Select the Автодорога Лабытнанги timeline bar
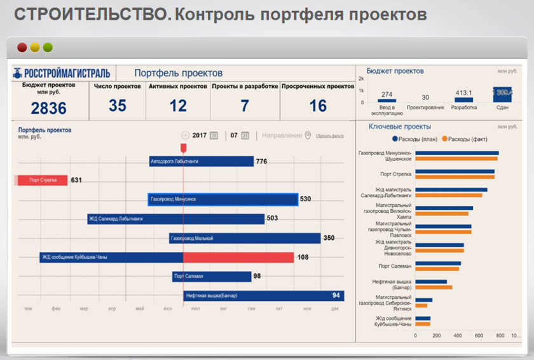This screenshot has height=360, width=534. [201, 162]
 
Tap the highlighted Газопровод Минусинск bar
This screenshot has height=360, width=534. [222, 200]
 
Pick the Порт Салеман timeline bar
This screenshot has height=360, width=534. [212, 276]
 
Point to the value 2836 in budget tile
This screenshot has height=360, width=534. [49, 108]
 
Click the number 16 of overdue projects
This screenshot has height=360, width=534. [318, 106]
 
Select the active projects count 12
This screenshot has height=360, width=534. [178, 106]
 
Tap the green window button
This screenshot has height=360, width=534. [48, 48]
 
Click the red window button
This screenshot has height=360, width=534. [22, 48]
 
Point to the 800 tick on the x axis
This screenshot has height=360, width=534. [500, 335]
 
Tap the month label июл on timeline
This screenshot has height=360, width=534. [196, 308]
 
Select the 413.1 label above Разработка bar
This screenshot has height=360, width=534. [464, 93]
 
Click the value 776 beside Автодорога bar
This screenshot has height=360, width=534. [261, 162]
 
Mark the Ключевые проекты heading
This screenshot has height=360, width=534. [400, 127]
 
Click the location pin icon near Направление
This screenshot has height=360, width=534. [308, 135]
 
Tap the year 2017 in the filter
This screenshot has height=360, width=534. [200, 135]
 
